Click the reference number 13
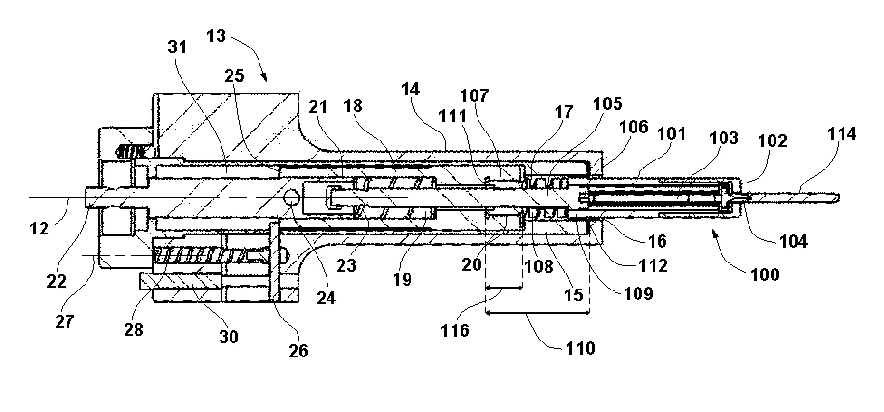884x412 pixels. (x=216, y=36)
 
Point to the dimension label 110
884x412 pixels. (x=580, y=349)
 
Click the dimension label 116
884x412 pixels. (x=455, y=330)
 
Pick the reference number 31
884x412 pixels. (x=177, y=47)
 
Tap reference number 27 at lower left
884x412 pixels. (x=65, y=321)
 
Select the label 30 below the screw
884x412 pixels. (x=228, y=337)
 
